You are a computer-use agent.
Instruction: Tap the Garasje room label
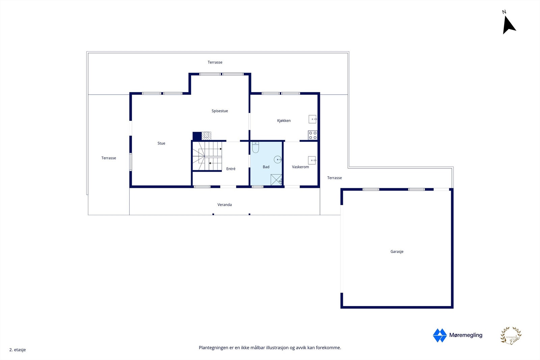click(397, 252)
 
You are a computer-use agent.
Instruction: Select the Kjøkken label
click(284, 121)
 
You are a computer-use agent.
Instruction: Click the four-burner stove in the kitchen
click(313, 135)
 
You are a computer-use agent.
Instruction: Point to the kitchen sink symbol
click(313, 119)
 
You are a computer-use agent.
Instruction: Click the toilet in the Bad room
click(255, 147)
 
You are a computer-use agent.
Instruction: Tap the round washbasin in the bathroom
click(278, 160)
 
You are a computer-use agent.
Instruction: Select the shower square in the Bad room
click(276, 180)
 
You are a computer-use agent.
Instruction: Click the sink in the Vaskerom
click(312, 160)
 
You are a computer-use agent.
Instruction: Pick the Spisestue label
click(220, 111)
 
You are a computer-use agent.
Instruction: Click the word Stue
click(161, 143)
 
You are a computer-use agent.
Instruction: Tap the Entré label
click(231, 169)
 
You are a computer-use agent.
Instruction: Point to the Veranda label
click(224, 205)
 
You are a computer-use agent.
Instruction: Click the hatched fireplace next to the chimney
click(206, 136)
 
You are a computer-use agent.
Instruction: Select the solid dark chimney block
click(197, 136)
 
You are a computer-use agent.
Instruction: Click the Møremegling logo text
click(465, 335)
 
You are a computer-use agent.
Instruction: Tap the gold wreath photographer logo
click(511, 336)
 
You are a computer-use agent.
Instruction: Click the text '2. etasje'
click(18, 350)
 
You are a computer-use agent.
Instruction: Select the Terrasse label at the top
click(215, 62)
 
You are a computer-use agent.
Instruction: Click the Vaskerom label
click(300, 167)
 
